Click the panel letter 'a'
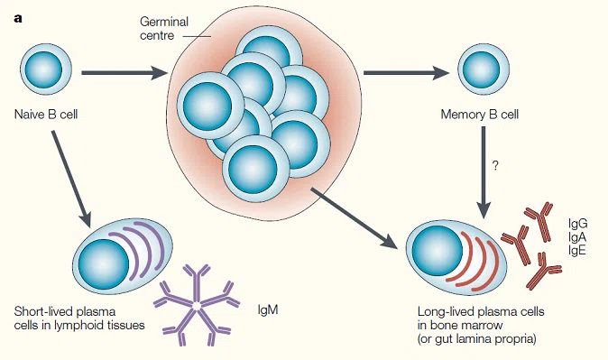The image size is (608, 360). (x=18, y=19)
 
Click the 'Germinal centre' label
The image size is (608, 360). (x=164, y=28)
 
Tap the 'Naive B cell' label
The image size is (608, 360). (x=46, y=115)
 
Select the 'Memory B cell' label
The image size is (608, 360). (x=480, y=115)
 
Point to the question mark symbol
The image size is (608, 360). (x=495, y=166)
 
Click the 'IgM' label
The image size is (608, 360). (x=268, y=310)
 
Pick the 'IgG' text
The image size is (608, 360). (x=577, y=224)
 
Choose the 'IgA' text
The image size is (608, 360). (x=577, y=236)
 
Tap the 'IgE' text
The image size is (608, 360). (x=577, y=250)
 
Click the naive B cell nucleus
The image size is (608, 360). (x=43, y=69)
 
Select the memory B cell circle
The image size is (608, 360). (x=484, y=69)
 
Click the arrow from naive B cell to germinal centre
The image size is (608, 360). (x=124, y=72)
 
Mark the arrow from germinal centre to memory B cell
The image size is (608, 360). (x=406, y=72)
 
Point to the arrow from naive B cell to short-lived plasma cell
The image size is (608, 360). (x=71, y=179)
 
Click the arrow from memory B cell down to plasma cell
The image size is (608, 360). (x=484, y=172)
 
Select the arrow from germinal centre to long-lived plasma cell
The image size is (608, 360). (x=355, y=218)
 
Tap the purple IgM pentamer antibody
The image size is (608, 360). (x=197, y=305)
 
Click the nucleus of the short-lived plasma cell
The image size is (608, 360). (x=104, y=264)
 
